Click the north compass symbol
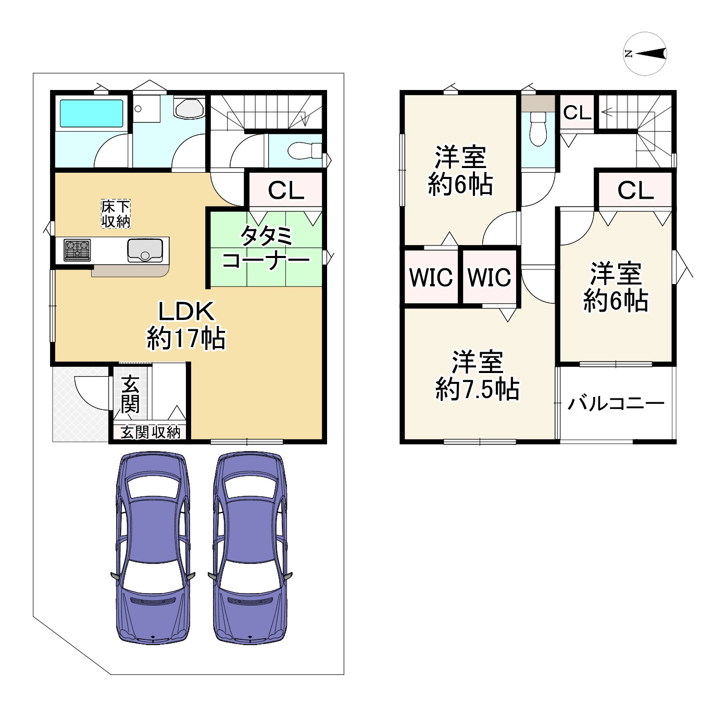pyautogui.click(x=645, y=54)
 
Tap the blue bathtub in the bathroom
pyautogui.click(x=91, y=113)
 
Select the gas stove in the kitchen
pyautogui.click(x=77, y=250)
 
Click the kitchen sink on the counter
pyautogui.click(x=145, y=250)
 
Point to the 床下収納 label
pyautogui.click(x=115, y=214)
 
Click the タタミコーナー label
pyautogui.click(x=266, y=248)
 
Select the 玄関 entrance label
pyautogui.click(x=130, y=395)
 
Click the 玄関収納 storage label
pyautogui.click(x=151, y=432)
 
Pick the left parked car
pyautogui.click(x=152, y=548)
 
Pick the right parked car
pyautogui.click(x=250, y=548)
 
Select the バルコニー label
pyautogui.click(x=616, y=404)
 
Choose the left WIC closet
pyautogui.click(x=431, y=277)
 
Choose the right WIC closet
pyautogui.click(x=490, y=277)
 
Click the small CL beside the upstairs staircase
pyautogui.click(x=577, y=112)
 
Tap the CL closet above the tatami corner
pyautogui.click(x=285, y=190)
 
